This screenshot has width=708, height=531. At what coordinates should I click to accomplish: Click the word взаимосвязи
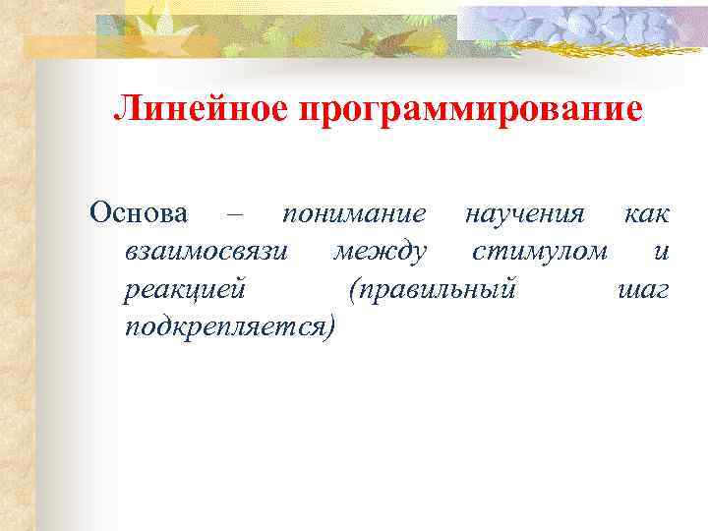pos(207,252)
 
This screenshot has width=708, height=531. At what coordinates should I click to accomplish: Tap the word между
pos(380,252)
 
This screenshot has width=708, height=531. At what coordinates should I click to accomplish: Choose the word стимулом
pos(539,252)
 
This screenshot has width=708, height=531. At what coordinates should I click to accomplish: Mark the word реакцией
pos(186,289)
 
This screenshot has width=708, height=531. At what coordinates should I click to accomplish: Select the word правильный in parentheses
pos(438,290)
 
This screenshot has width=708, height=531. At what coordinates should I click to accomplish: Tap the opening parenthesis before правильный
pos(352,290)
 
